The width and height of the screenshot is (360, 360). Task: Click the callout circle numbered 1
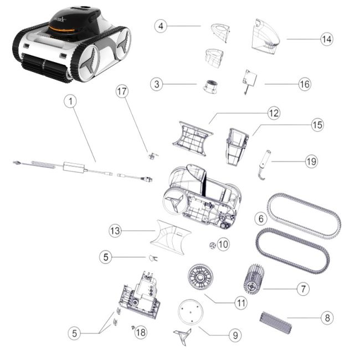69,102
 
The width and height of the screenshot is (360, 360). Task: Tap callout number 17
122,92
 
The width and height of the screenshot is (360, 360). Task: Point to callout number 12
272,113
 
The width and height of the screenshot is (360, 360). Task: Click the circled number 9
235,335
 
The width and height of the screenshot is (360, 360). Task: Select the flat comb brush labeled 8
275,321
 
